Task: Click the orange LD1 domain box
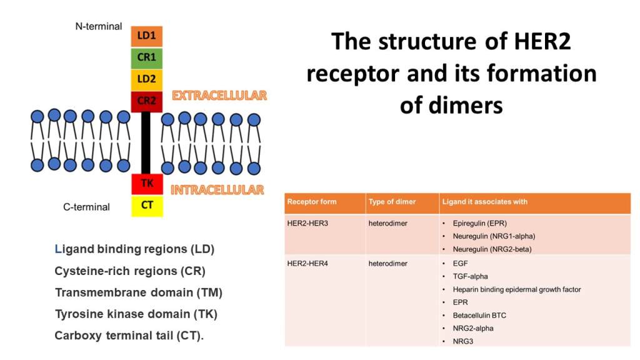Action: pyautogui.click(x=147, y=37)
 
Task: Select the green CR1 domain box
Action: pyautogui.click(x=147, y=59)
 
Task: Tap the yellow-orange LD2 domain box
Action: pyautogui.click(x=147, y=80)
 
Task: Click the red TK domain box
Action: pyautogui.click(x=147, y=184)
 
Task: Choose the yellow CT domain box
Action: pyautogui.click(x=147, y=206)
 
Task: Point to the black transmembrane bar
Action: pyautogui.click(x=146, y=142)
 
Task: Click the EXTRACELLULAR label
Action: pyautogui.click(x=219, y=96)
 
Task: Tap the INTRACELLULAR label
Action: pyautogui.click(x=217, y=189)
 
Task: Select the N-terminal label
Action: pyautogui.click(x=99, y=26)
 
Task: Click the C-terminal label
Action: pyautogui.click(x=87, y=207)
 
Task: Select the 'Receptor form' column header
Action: pyautogui.click(x=311, y=202)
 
